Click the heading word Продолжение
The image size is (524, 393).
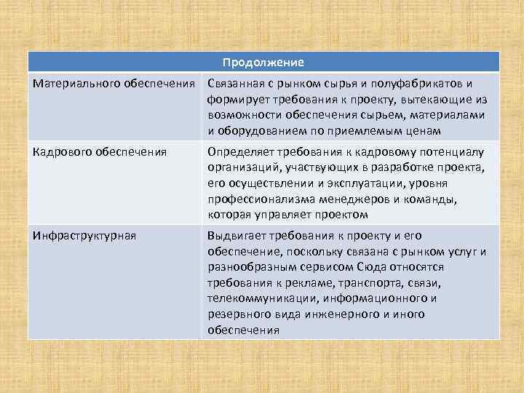click(263, 63)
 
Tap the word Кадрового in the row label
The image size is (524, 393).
click(58, 152)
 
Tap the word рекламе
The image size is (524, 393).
click(314, 283)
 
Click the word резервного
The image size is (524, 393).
click(238, 314)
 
